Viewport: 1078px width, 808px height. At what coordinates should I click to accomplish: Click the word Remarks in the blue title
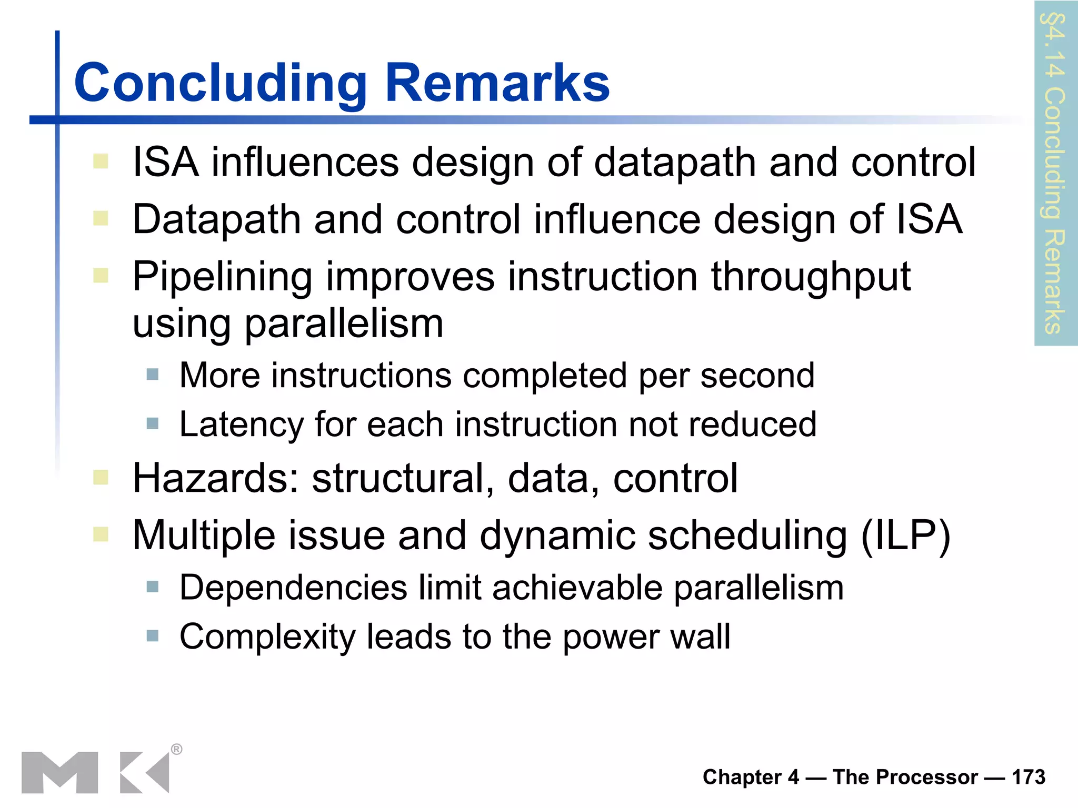coord(497,83)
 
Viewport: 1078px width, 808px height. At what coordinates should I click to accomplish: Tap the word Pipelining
coord(222,277)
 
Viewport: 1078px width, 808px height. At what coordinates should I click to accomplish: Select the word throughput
coord(811,277)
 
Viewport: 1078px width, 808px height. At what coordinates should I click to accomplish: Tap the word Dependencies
coord(293,587)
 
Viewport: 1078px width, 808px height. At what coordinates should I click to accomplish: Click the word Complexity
coord(267,637)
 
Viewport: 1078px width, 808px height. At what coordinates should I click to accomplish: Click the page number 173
coord(1029,777)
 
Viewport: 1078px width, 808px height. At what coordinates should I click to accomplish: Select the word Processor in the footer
coord(905,777)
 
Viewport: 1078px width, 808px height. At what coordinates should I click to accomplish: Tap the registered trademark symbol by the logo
coord(177,749)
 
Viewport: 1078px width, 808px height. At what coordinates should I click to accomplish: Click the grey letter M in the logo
coord(59,772)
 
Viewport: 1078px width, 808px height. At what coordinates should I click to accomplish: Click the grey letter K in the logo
coord(144,772)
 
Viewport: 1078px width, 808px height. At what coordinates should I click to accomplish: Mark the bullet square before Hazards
coord(101,478)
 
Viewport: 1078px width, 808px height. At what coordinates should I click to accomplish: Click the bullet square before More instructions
coord(153,375)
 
